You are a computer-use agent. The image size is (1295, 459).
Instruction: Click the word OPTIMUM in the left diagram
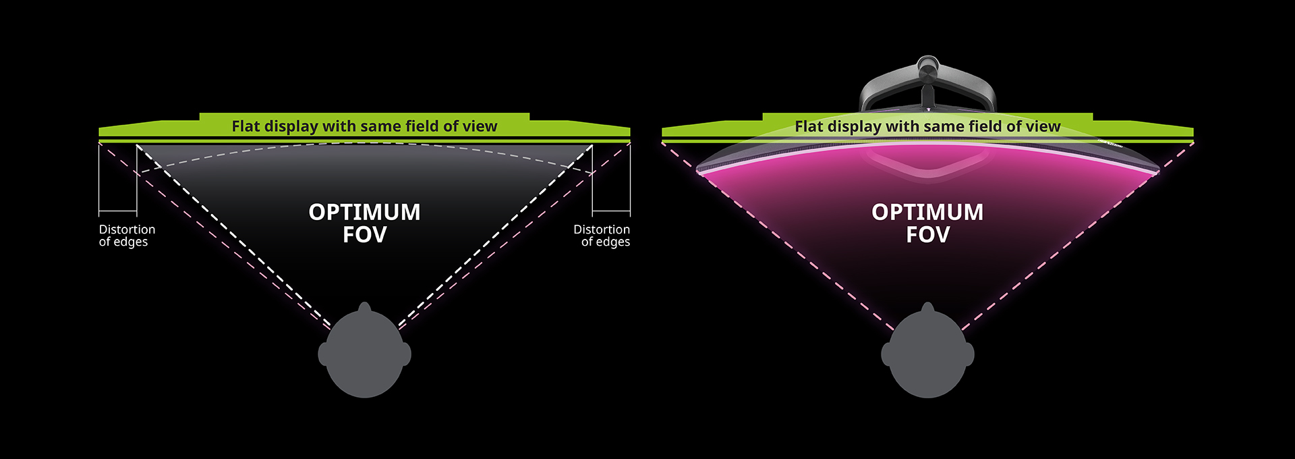tap(364, 212)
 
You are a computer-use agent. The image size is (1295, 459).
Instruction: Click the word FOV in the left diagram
tap(364, 235)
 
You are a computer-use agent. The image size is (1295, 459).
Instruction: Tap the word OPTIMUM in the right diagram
tap(927, 212)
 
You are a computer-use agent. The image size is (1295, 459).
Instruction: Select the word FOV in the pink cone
tap(927, 235)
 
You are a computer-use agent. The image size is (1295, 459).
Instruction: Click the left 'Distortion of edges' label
tap(127, 236)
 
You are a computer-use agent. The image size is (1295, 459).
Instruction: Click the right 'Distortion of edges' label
tap(602, 236)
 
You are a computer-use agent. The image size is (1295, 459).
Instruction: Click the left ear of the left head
tap(324, 354)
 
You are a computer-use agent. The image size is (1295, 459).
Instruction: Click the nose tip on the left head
tap(364, 303)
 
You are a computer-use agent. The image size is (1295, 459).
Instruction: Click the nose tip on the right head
tap(927, 303)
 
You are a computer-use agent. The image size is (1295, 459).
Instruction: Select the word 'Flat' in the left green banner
tap(246, 126)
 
